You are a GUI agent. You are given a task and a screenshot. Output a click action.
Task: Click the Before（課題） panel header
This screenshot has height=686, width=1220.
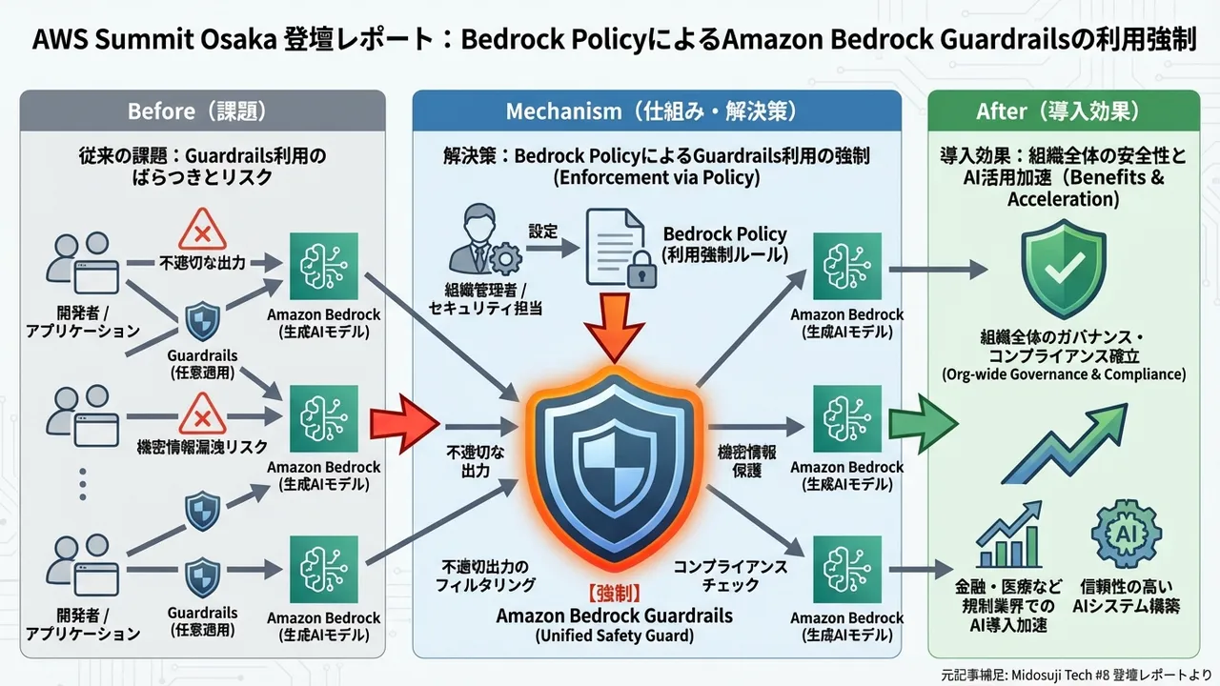(202, 111)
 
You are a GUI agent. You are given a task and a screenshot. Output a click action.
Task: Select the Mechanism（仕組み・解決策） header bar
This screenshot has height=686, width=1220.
(657, 111)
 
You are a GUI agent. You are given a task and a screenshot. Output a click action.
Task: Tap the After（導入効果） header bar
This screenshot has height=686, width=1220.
(1063, 111)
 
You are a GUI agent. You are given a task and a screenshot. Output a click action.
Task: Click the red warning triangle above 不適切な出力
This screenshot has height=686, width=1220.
(203, 231)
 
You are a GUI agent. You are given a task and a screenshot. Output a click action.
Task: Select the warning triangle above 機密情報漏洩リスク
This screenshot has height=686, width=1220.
(202, 414)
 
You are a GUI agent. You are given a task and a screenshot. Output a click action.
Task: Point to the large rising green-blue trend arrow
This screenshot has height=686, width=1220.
(1063, 440)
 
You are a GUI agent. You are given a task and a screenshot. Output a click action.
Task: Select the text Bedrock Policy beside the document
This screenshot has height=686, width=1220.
(724, 234)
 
